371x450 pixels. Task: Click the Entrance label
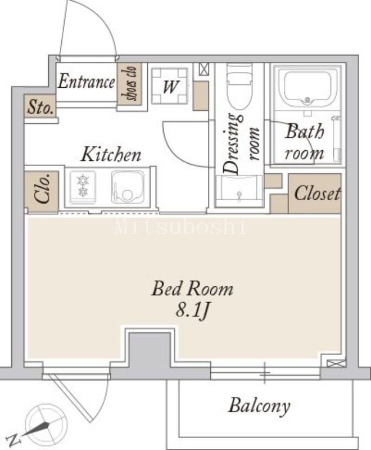click(87, 82)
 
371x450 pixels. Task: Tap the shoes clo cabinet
click(129, 84)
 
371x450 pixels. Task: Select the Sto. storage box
click(40, 106)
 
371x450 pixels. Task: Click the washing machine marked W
click(170, 86)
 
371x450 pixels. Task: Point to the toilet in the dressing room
click(239, 87)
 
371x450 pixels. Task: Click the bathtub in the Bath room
click(307, 88)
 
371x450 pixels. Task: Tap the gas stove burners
click(83, 187)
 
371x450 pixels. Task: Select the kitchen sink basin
click(128, 187)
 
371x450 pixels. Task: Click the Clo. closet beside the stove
click(42, 191)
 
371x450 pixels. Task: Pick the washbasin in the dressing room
click(239, 191)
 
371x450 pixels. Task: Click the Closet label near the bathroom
click(317, 193)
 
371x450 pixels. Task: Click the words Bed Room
click(192, 289)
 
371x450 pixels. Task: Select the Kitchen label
click(111, 154)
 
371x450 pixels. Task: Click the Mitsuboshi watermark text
click(181, 227)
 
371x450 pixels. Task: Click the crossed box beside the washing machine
click(204, 69)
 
